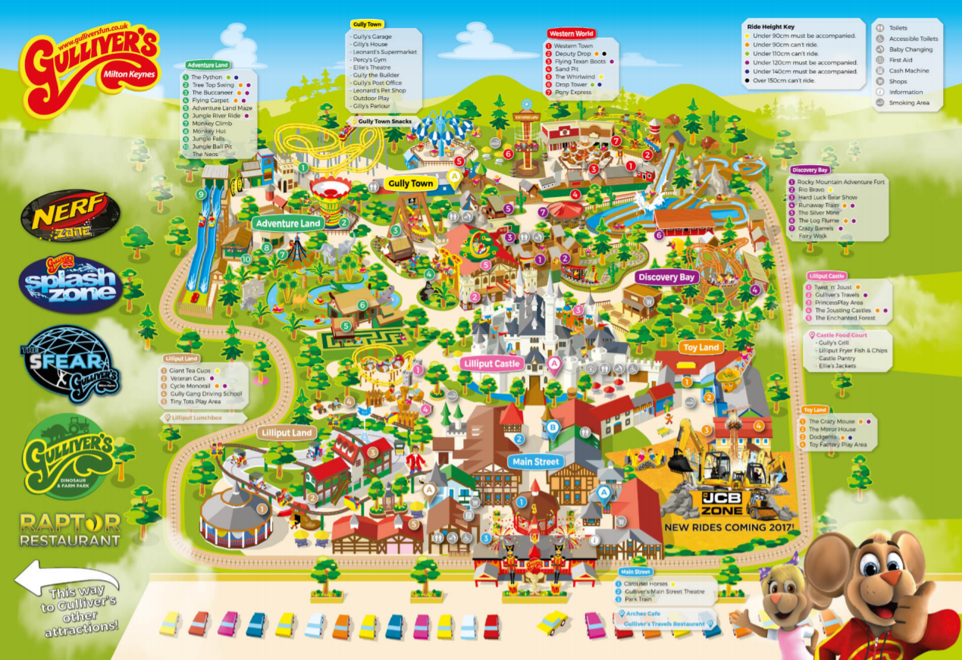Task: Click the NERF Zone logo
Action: [x=71, y=214]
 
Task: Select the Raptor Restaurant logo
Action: [x=70, y=530]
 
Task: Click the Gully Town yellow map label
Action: [x=410, y=183]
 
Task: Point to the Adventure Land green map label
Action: [x=288, y=224]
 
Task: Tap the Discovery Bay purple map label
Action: [x=666, y=277]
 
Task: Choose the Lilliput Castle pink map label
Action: [x=491, y=364]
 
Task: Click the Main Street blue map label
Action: [x=535, y=461]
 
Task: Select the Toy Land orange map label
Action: [x=700, y=348]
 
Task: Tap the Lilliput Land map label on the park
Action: [x=287, y=433]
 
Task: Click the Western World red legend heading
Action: [x=571, y=34]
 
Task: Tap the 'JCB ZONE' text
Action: [x=722, y=502]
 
